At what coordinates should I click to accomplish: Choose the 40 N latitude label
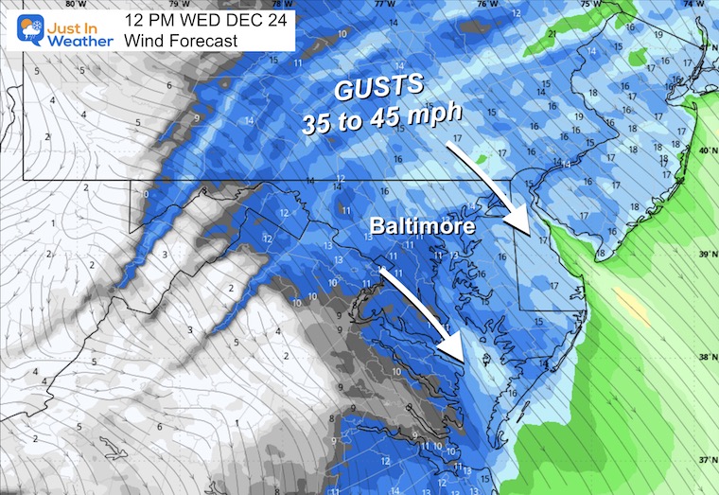705,150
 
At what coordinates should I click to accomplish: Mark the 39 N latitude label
705,254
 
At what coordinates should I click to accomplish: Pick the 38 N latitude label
705,357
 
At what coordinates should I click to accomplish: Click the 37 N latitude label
705,459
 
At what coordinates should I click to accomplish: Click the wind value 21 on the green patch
552,34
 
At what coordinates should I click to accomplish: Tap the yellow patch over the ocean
627,302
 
